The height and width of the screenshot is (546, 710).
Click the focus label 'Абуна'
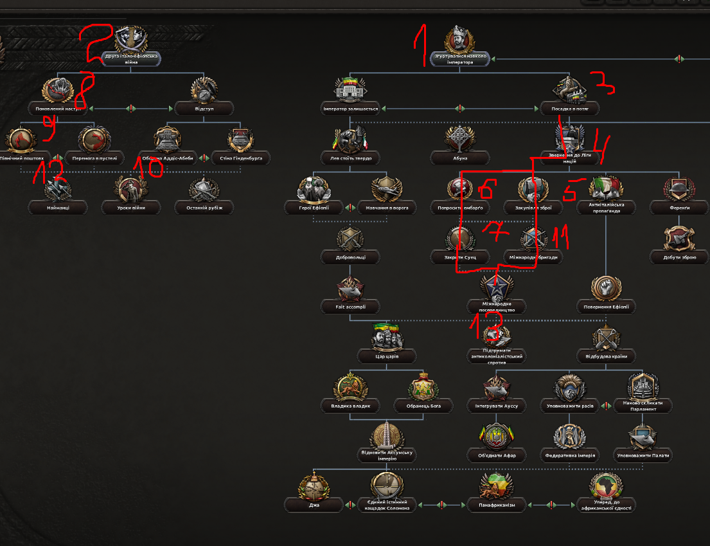click(x=460, y=158)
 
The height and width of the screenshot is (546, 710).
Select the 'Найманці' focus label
click(x=58, y=208)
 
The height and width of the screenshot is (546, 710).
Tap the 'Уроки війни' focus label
click(x=131, y=208)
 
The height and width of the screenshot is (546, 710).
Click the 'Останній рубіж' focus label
click(x=204, y=208)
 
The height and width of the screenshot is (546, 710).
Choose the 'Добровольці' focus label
click(x=350, y=257)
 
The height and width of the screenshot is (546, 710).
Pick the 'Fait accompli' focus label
click(x=350, y=307)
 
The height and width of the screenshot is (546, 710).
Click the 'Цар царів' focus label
click(x=387, y=356)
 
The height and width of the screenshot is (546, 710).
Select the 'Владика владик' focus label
click(x=350, y=406)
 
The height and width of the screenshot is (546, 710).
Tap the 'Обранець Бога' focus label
click(x=423, y=406)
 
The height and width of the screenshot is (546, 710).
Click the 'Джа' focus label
click(x=314, y=505)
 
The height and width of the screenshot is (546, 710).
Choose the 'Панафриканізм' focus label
click(x=497, y=505)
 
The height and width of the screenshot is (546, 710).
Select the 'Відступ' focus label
click(x=204, y=108)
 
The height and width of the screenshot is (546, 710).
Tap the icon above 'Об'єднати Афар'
click(x=497, y=436)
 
